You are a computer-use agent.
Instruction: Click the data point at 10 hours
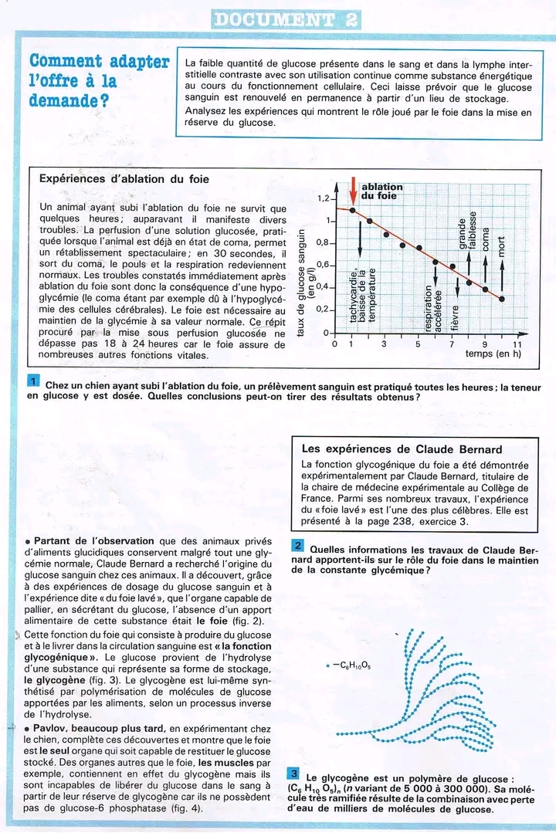(x=503, y=299)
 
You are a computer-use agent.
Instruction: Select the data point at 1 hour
(x=353, y=210)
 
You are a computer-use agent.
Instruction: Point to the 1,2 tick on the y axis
(x=323, y=198)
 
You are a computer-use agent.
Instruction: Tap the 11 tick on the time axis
(x=517, y=344)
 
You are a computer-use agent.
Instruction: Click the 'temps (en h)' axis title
(x=494, y=354)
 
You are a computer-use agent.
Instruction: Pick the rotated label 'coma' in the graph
(x=486, y=239)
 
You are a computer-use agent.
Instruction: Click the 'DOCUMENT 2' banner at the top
(x=285, y=19)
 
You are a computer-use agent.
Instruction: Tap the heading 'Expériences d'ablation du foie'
(x=124, y=179)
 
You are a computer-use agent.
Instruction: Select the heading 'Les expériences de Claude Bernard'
(x=402, y=449)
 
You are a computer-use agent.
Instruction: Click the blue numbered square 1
(x=33, y=382)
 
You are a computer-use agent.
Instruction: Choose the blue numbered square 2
(x=298, y=546)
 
